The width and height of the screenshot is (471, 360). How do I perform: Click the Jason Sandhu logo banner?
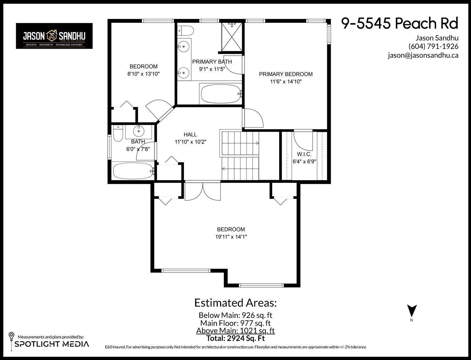tap(54, 36)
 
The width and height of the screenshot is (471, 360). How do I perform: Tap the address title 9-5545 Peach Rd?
tap(400, 23)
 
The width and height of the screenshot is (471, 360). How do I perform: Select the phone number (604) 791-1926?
tap(433, 46)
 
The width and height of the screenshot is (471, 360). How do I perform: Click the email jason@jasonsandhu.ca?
tap(423, 55)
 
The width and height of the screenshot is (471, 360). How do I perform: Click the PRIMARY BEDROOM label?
tap(285, 74)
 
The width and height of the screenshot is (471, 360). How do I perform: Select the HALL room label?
tap(190, 134)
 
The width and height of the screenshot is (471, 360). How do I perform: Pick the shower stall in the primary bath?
tap(232, 36)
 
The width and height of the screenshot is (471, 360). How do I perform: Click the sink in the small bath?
tap(138, 130)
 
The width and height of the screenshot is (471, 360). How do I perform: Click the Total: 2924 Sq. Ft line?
tap(235, 338)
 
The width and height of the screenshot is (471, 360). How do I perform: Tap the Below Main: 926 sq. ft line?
tap(235, 315)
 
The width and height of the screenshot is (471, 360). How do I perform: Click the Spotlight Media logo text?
tap(52, 344)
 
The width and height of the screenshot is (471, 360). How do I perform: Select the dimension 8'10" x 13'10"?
tap(143, 74)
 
